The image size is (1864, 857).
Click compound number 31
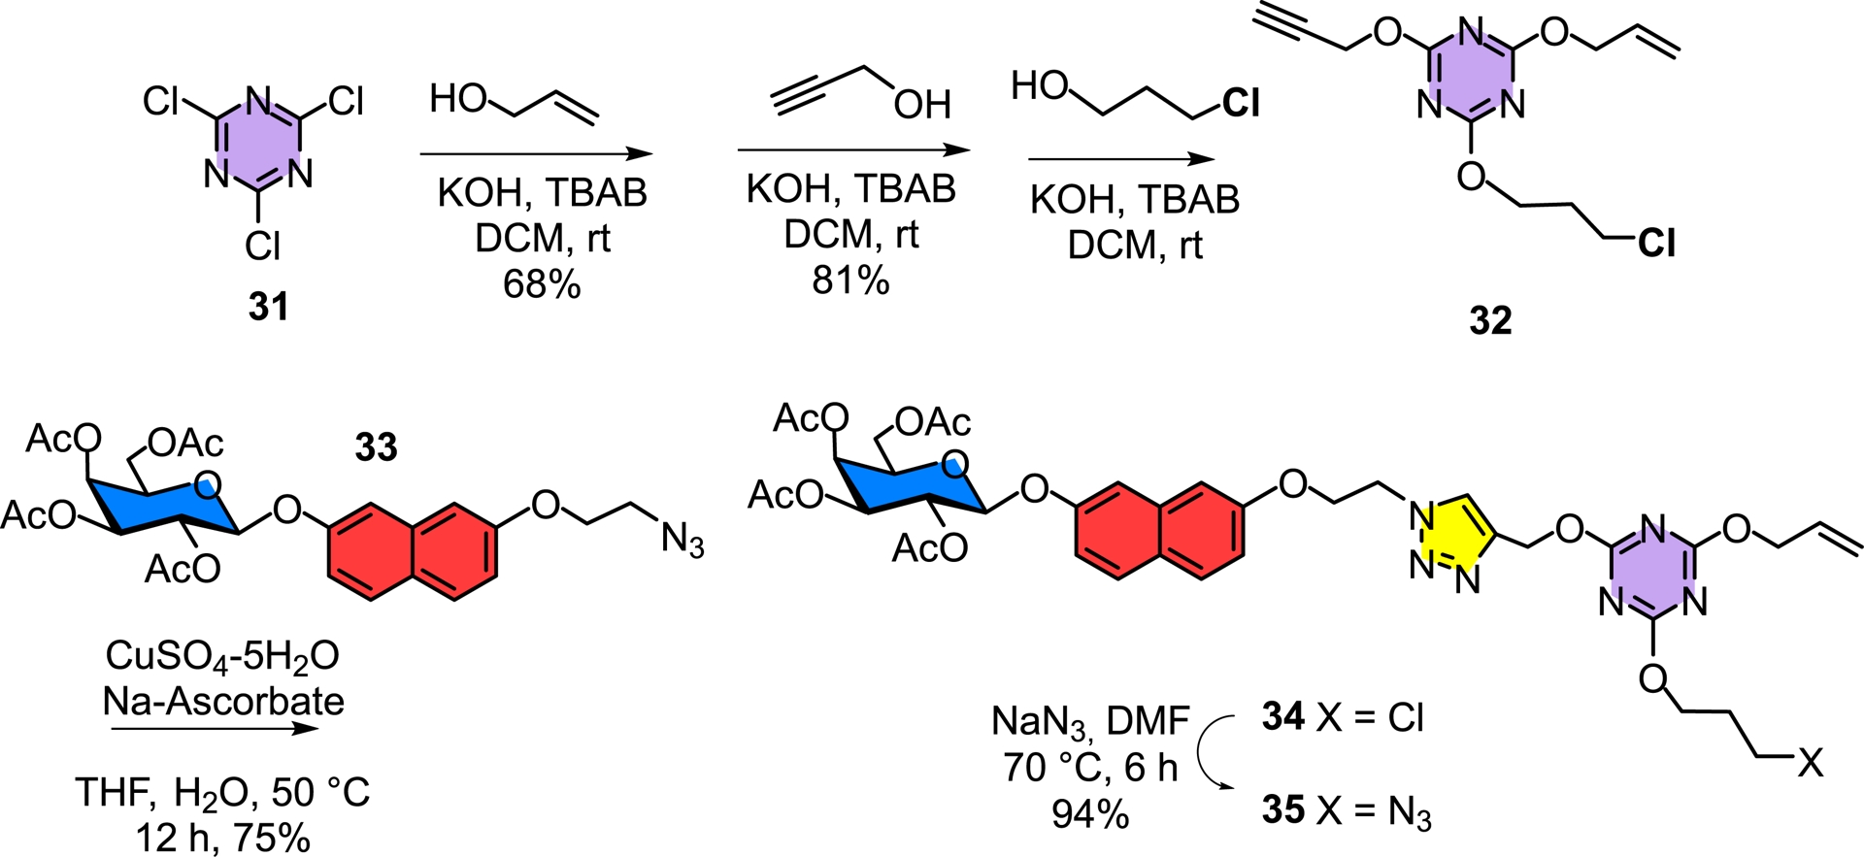pyautogui.click(x=268, y=307)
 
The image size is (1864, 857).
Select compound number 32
pyautogui.click(x=1490, y=319)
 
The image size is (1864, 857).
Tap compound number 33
pyautogui.click(x=376, y=447)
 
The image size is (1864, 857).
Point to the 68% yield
pyautogui.click(x=541, y=284)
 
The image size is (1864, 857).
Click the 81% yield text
pyautogui.click(x=850, y=280)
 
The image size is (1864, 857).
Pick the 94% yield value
pyautogui.click(x=1089, y=813)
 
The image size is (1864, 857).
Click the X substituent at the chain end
pyautogui.click(x=1809, y=764)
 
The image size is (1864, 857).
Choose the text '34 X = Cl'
pyautogui.click(x=1343, y=718)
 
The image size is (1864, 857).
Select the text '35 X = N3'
pyautogui.click(x=1347, y=811)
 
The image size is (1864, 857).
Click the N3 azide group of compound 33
pyautogui.click(x=682, y=540)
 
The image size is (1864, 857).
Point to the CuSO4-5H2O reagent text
pyautogui.click(x=222, y=656)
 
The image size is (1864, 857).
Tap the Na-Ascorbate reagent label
pyautogui.click(x=223, y=701)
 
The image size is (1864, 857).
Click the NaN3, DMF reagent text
pyautogui.click(x=1089, y=721)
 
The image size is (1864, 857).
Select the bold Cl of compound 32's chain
pyautogui.click(x=1656, y=244)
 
